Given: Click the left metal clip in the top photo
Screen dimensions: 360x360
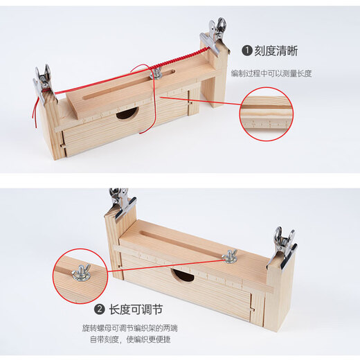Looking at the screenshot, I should pos(43,82).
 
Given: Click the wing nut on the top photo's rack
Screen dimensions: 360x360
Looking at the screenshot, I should pos(158,72).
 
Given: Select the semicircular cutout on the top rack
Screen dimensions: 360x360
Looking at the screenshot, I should pos(127,113).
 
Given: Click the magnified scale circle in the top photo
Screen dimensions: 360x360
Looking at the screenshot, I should pos(266,114).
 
